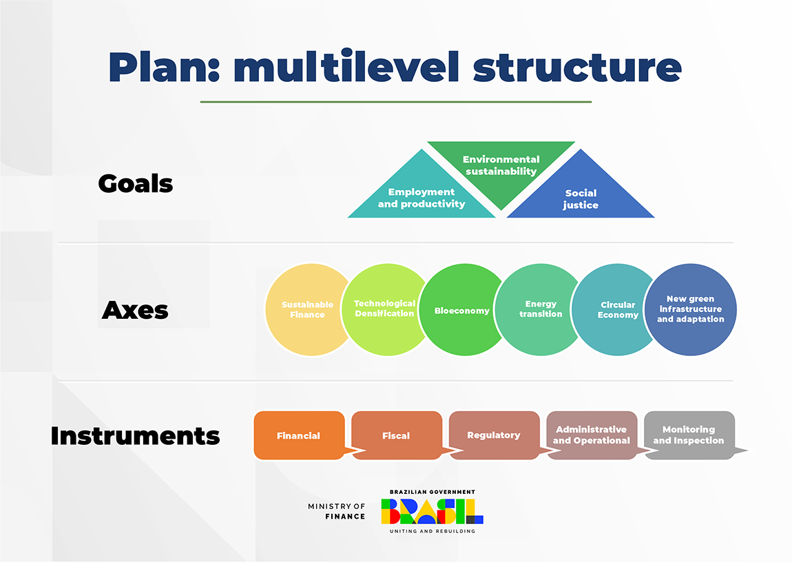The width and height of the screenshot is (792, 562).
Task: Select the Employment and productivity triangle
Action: pos(421,198)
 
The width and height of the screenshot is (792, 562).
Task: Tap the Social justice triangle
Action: pos(581,198)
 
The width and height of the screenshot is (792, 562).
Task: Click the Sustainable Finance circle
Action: pos(307,310)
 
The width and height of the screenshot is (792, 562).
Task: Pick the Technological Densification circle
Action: pos(385,309)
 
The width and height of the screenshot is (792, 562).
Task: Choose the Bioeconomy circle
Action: pos(461,311)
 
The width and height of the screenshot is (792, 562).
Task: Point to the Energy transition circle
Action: pos(541,309)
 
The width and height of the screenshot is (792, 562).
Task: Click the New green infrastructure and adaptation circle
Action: pos(690,309)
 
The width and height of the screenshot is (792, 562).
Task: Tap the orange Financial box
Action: pos(299,435)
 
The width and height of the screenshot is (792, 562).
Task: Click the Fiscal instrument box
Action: pos(396,435)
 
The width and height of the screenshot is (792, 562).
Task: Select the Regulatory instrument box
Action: pos(494,435)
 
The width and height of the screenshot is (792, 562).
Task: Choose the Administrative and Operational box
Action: pos(592,435)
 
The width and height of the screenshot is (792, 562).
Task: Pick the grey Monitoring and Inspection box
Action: pos(689,435)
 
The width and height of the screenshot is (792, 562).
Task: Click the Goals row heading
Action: pos(136,184)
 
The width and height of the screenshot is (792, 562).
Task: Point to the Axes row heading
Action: pos(135,311)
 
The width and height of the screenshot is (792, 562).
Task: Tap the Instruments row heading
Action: pos(135,436)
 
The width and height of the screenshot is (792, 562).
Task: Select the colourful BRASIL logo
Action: pos(432,511)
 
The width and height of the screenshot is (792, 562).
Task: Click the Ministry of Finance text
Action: pos(337,511)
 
